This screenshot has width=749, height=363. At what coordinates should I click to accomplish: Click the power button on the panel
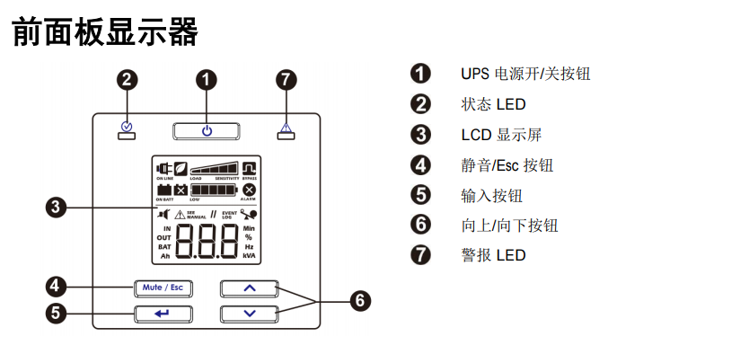coord(207,130)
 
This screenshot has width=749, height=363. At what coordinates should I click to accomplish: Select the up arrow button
coord(250,288)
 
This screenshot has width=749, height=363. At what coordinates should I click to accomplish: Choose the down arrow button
coord(250,314)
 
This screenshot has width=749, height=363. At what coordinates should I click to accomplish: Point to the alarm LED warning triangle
coord(286,127)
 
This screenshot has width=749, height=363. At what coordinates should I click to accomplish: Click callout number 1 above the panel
coord(207,80)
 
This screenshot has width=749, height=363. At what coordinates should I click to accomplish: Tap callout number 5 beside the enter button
coord(56,314)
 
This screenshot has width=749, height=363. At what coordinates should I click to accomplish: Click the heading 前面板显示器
coord(104,32)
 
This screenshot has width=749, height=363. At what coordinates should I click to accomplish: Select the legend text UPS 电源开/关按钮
coord(525,74)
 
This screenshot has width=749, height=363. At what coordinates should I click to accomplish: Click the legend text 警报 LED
coord(493,255)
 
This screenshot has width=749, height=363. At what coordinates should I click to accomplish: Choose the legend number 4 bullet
coord(420,164)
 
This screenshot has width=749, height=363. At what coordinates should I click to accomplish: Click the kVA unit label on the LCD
coord(249,256)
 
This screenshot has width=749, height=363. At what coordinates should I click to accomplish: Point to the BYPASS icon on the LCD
coord(249,168)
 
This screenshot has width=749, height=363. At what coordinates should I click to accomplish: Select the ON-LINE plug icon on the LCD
coord(163,168)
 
